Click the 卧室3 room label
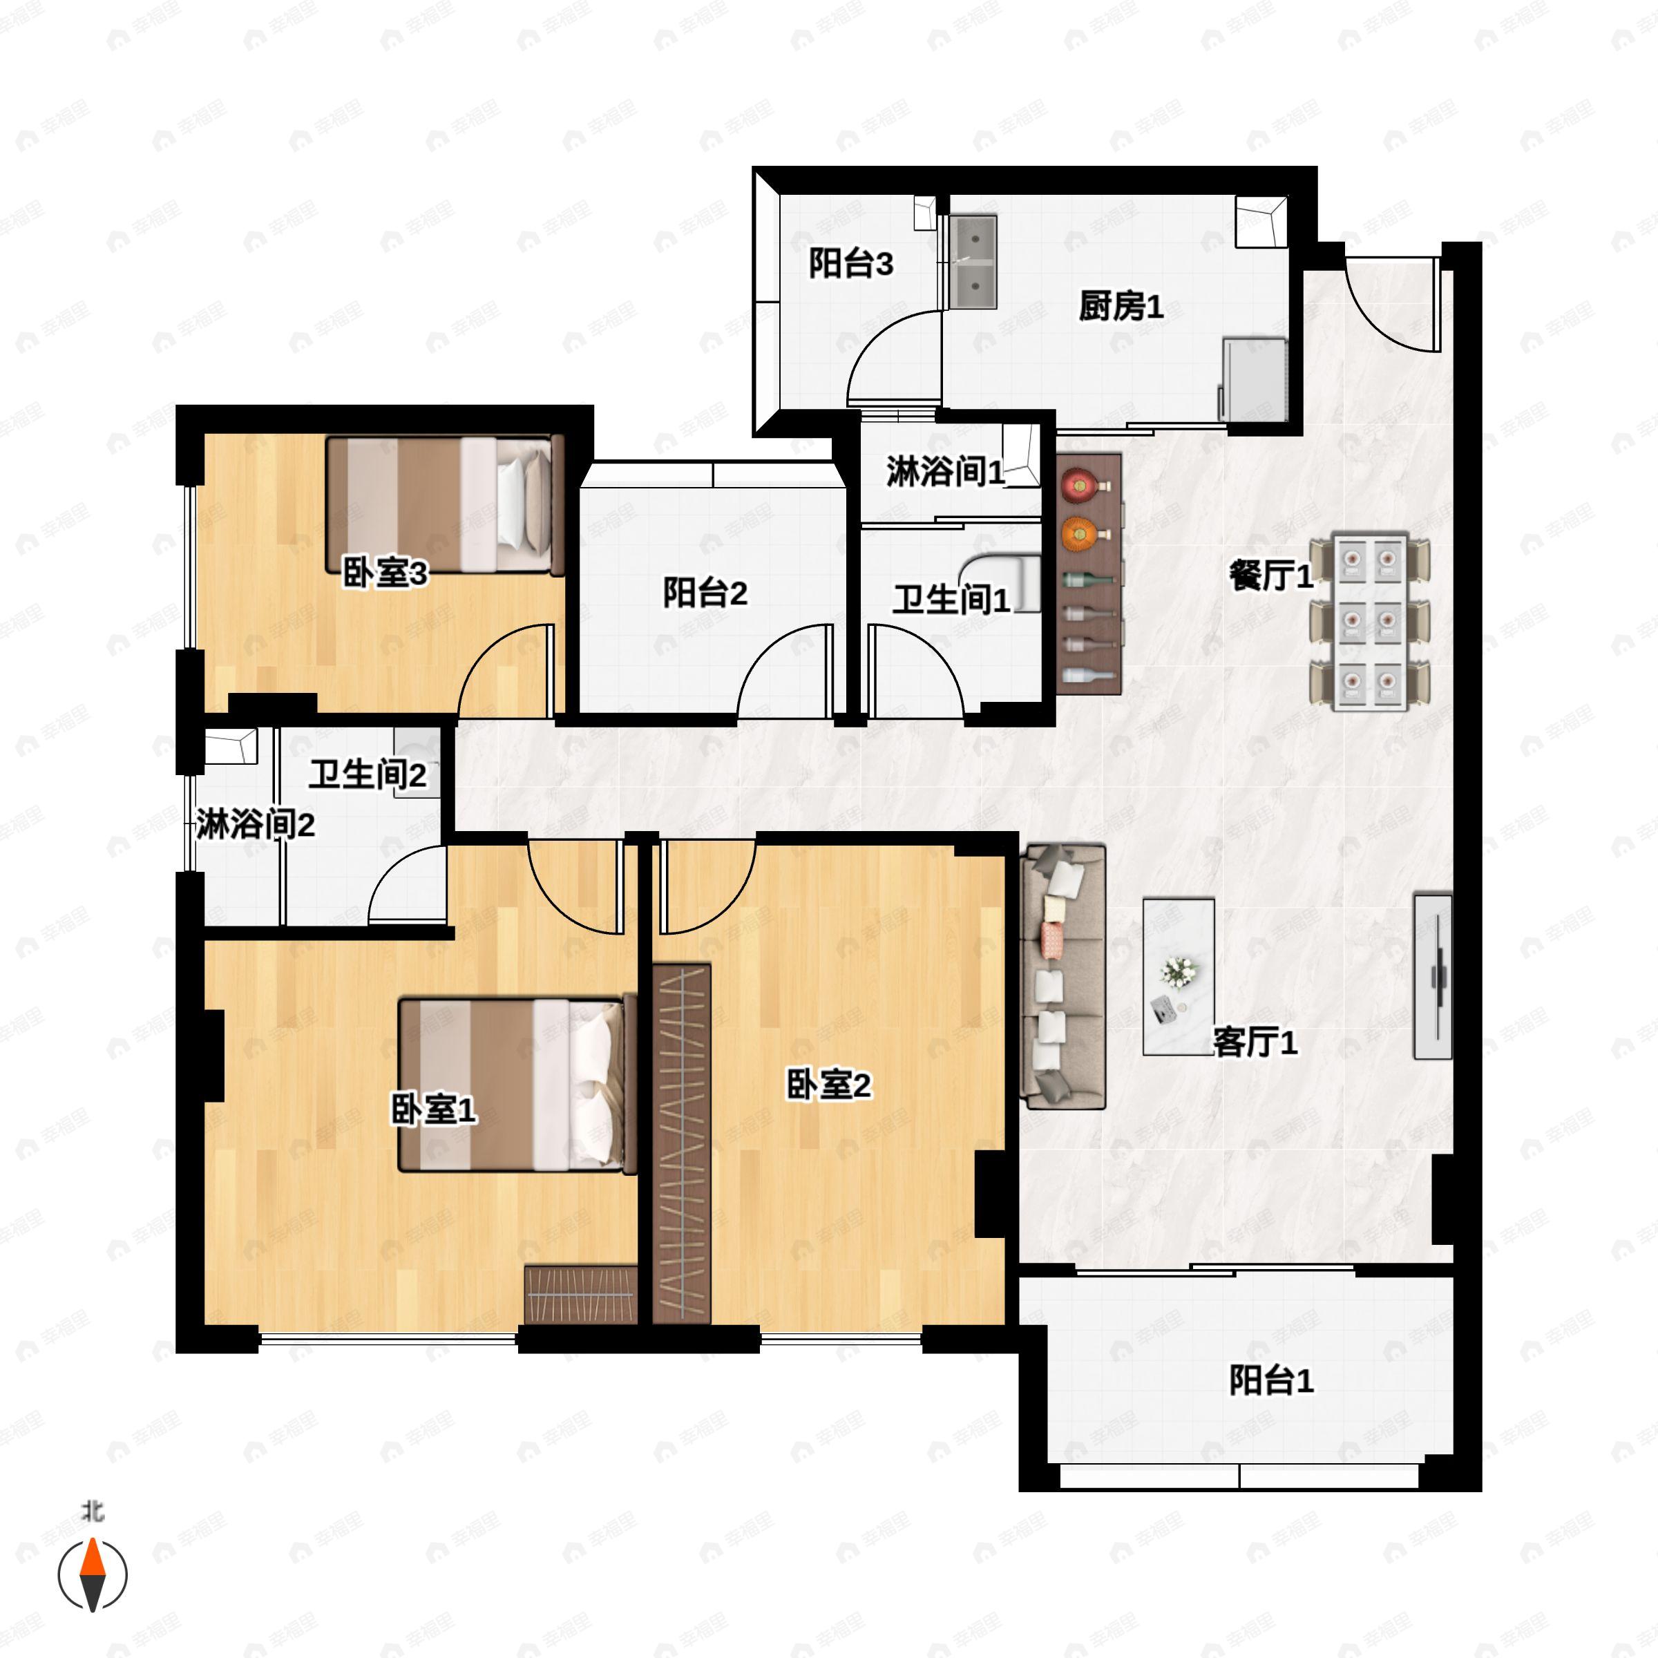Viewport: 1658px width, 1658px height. pos(385,573)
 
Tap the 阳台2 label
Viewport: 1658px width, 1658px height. pos(705,593)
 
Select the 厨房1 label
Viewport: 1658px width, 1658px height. pos(1121,306)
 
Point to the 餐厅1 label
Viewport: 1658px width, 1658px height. pos(1271,576)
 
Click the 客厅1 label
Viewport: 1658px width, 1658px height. pos(1255,1042)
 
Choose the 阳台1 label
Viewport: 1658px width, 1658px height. pos(1271,1381)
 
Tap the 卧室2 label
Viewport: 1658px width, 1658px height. pos(828,1085)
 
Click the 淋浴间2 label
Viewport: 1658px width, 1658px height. pos(255,825)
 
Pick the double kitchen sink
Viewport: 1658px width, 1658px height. pos(975,262)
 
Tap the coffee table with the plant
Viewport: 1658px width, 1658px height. pos(1177,977)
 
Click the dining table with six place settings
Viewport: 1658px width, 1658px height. pos(1370,621)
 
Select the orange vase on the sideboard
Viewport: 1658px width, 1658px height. pos(1077,534)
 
